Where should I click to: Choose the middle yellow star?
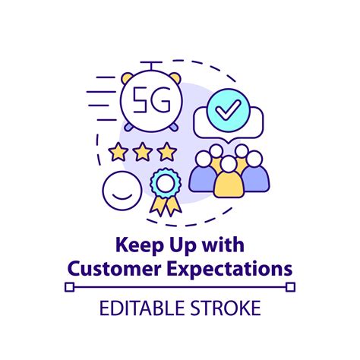142,152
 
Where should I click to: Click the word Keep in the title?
132,247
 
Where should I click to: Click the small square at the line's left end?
69,287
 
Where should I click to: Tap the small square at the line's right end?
291,287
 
